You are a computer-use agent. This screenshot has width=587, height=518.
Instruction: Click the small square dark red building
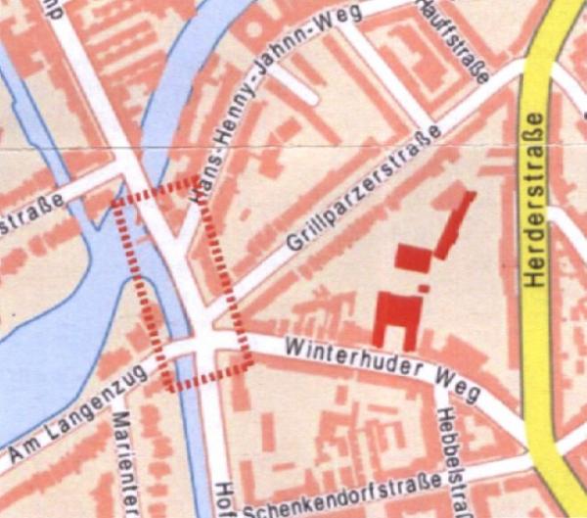coord(413,257)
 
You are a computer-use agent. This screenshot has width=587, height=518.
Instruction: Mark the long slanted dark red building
coord(455,224)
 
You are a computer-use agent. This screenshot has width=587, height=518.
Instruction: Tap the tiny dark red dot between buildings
coord(424,287)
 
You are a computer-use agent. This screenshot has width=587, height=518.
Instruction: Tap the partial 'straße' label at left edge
coord(29,215)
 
